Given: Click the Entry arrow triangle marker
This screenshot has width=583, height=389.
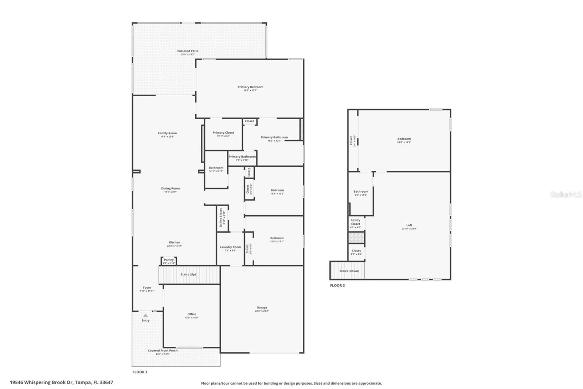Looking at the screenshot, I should click(x=145, y=315).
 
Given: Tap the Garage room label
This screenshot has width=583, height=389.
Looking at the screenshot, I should click(x=262, y=308).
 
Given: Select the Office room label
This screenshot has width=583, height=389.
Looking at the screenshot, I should click(x=192, y=314).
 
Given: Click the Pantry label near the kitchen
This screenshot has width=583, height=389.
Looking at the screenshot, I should click(x=169, y=260).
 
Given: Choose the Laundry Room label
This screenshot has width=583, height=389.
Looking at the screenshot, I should click(x=230, y=247).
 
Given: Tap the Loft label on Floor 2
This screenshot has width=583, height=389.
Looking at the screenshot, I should click(x=409, y=225).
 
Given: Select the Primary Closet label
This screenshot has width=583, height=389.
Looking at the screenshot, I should click(x=223, y=133).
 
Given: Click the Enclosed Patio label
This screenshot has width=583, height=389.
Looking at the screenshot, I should click(x=188, y=51).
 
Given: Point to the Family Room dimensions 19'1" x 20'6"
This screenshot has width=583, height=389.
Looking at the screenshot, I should click(x=167, y=136).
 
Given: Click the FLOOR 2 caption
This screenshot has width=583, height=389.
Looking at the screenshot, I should click(x=337, y=285).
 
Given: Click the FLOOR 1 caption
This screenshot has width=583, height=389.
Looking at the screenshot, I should click(x=140, y=372).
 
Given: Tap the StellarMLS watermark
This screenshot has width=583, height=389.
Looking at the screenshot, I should click(x=566, y=195).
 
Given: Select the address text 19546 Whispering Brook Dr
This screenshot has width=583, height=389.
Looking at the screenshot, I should click(x=42, y=382).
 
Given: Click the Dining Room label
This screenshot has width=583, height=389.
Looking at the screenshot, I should click(x=171, y=189).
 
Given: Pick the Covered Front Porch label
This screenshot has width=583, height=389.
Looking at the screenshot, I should click(x=163, y=350).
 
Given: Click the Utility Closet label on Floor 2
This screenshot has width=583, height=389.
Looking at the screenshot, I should click(x=356, y=222).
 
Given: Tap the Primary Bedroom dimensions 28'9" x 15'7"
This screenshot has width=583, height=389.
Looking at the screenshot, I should click(x=250, y=90).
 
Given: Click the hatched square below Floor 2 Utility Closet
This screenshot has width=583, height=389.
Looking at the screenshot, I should click(x=356, y=238).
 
